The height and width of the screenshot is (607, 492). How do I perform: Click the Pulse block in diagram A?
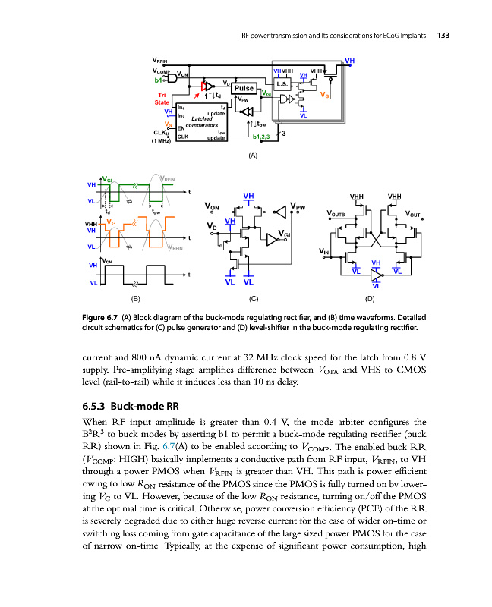click(244, 88)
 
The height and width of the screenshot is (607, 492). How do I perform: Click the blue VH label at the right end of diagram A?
click(349, 60)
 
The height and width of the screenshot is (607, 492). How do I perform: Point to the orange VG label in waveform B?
click(111, 222)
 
